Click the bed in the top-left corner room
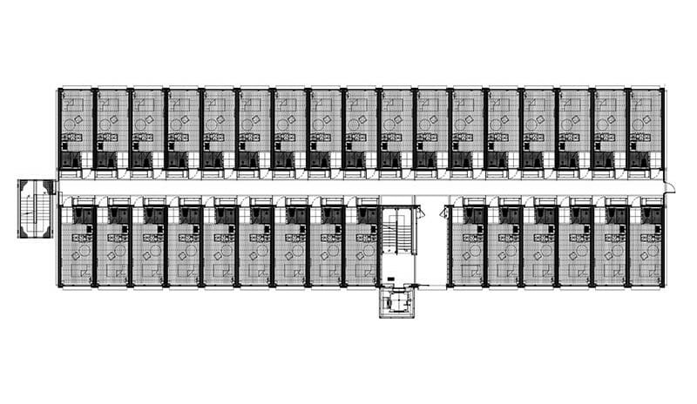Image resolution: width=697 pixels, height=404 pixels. tap(73, 102)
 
